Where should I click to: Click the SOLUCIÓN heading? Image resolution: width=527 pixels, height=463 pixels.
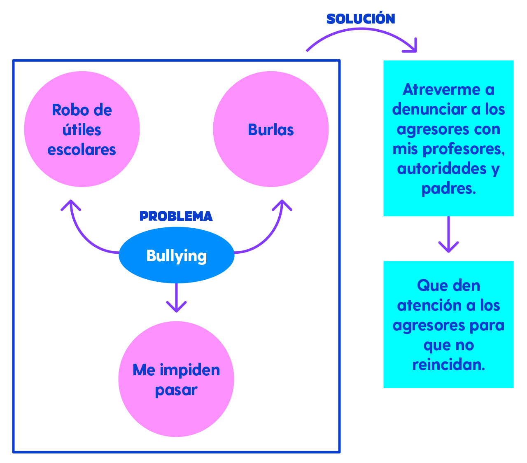coord(361,19)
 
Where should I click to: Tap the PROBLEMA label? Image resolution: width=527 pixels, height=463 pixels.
coord(176,216)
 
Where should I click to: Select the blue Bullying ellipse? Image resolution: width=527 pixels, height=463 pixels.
coord(176,255)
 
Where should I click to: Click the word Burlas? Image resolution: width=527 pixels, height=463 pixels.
coord(270,130)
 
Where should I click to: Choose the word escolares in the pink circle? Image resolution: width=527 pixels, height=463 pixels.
coord(82,150)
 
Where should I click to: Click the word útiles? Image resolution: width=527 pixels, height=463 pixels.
coord(82,130)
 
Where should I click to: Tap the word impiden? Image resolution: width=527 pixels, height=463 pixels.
coord(189,370)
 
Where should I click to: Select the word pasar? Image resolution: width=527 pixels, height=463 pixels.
coord(176,390)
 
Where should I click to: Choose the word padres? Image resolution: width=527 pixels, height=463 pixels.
coord(448,189)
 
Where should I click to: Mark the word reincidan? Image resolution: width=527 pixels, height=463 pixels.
coord(448,365)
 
